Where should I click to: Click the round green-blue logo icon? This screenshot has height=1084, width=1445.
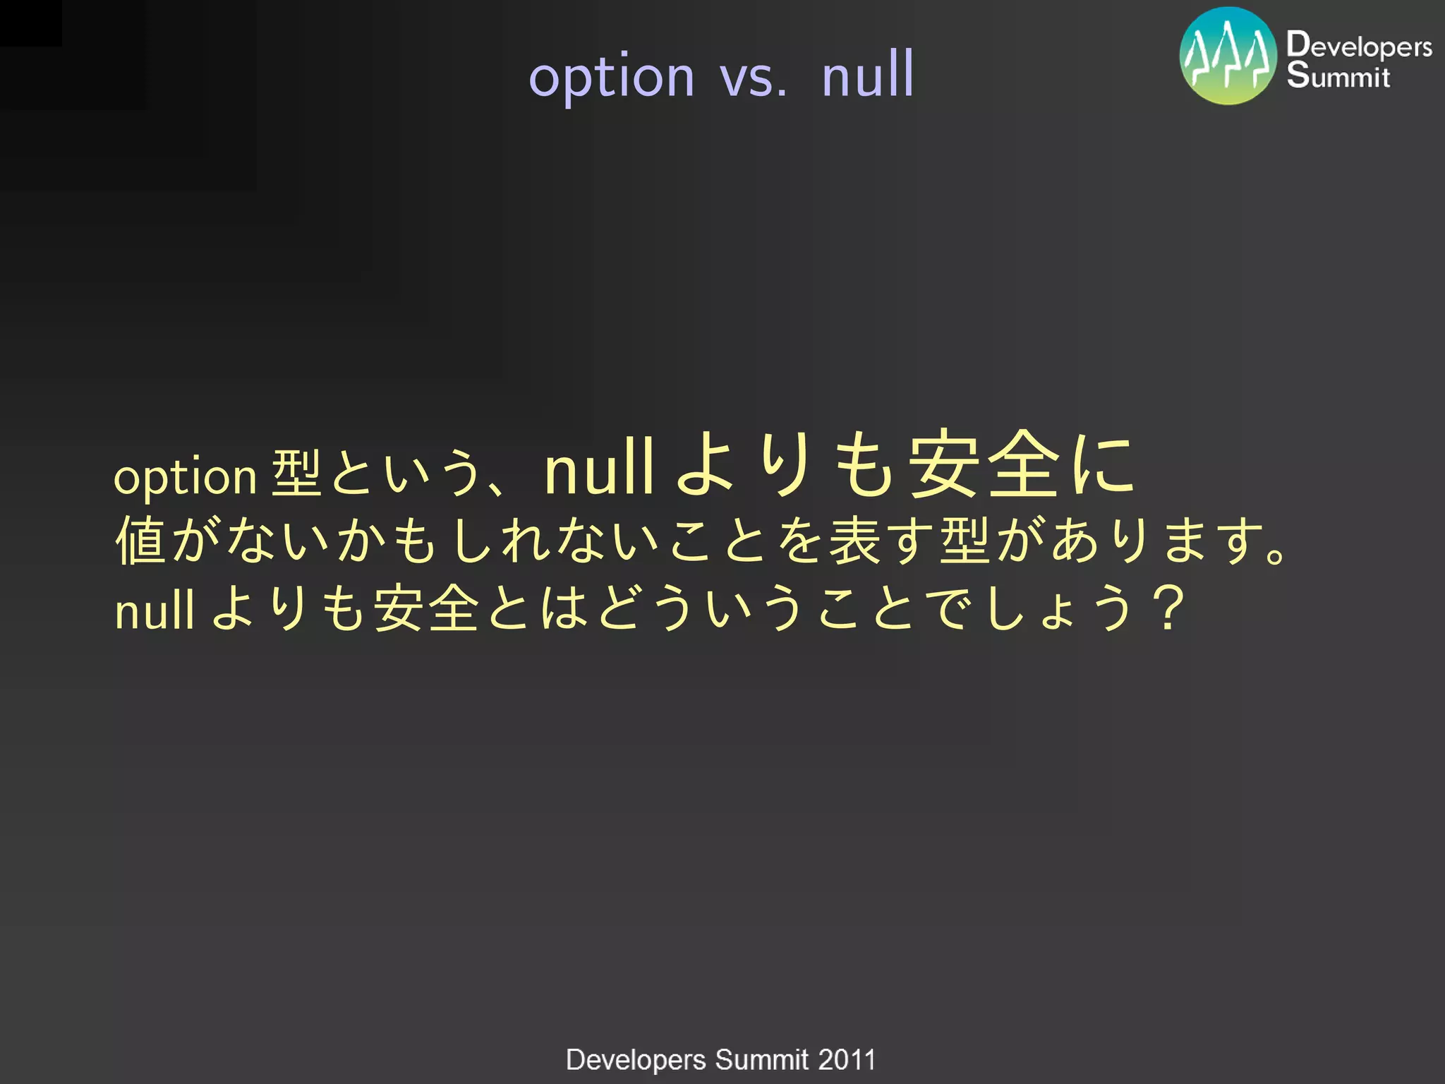(x=1228, y=56)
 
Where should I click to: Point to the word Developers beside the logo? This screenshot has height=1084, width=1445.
(x=1359, y=45)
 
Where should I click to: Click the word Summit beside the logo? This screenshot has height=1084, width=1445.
(x=1338, y=76)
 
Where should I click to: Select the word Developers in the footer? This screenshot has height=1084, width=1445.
(x=636, y=1060)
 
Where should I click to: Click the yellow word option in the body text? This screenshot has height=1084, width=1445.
(x=185, y=478)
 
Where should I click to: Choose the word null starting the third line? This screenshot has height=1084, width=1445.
(x=154, y=610)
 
